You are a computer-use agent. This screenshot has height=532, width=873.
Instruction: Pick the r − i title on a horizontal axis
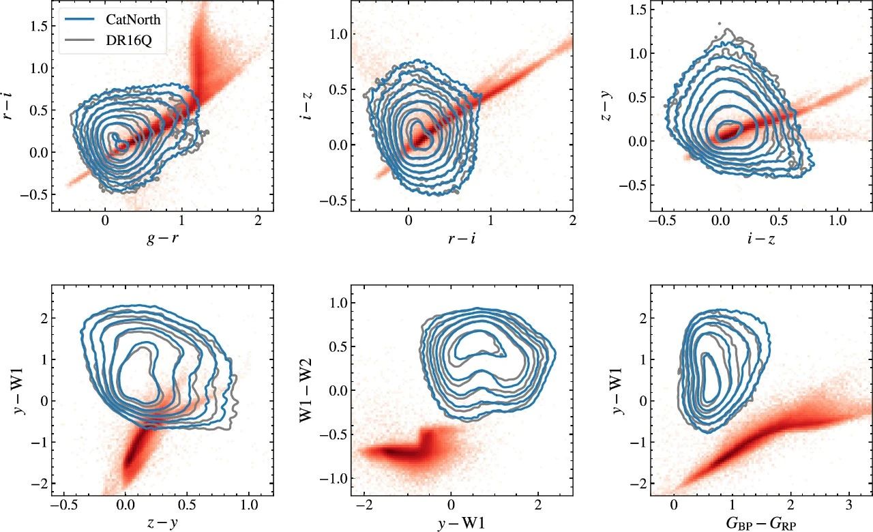(462, 238)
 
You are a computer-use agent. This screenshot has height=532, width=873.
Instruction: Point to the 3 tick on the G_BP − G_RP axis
(848, 507)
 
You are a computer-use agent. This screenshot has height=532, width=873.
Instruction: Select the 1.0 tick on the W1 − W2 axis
(336, 302)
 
